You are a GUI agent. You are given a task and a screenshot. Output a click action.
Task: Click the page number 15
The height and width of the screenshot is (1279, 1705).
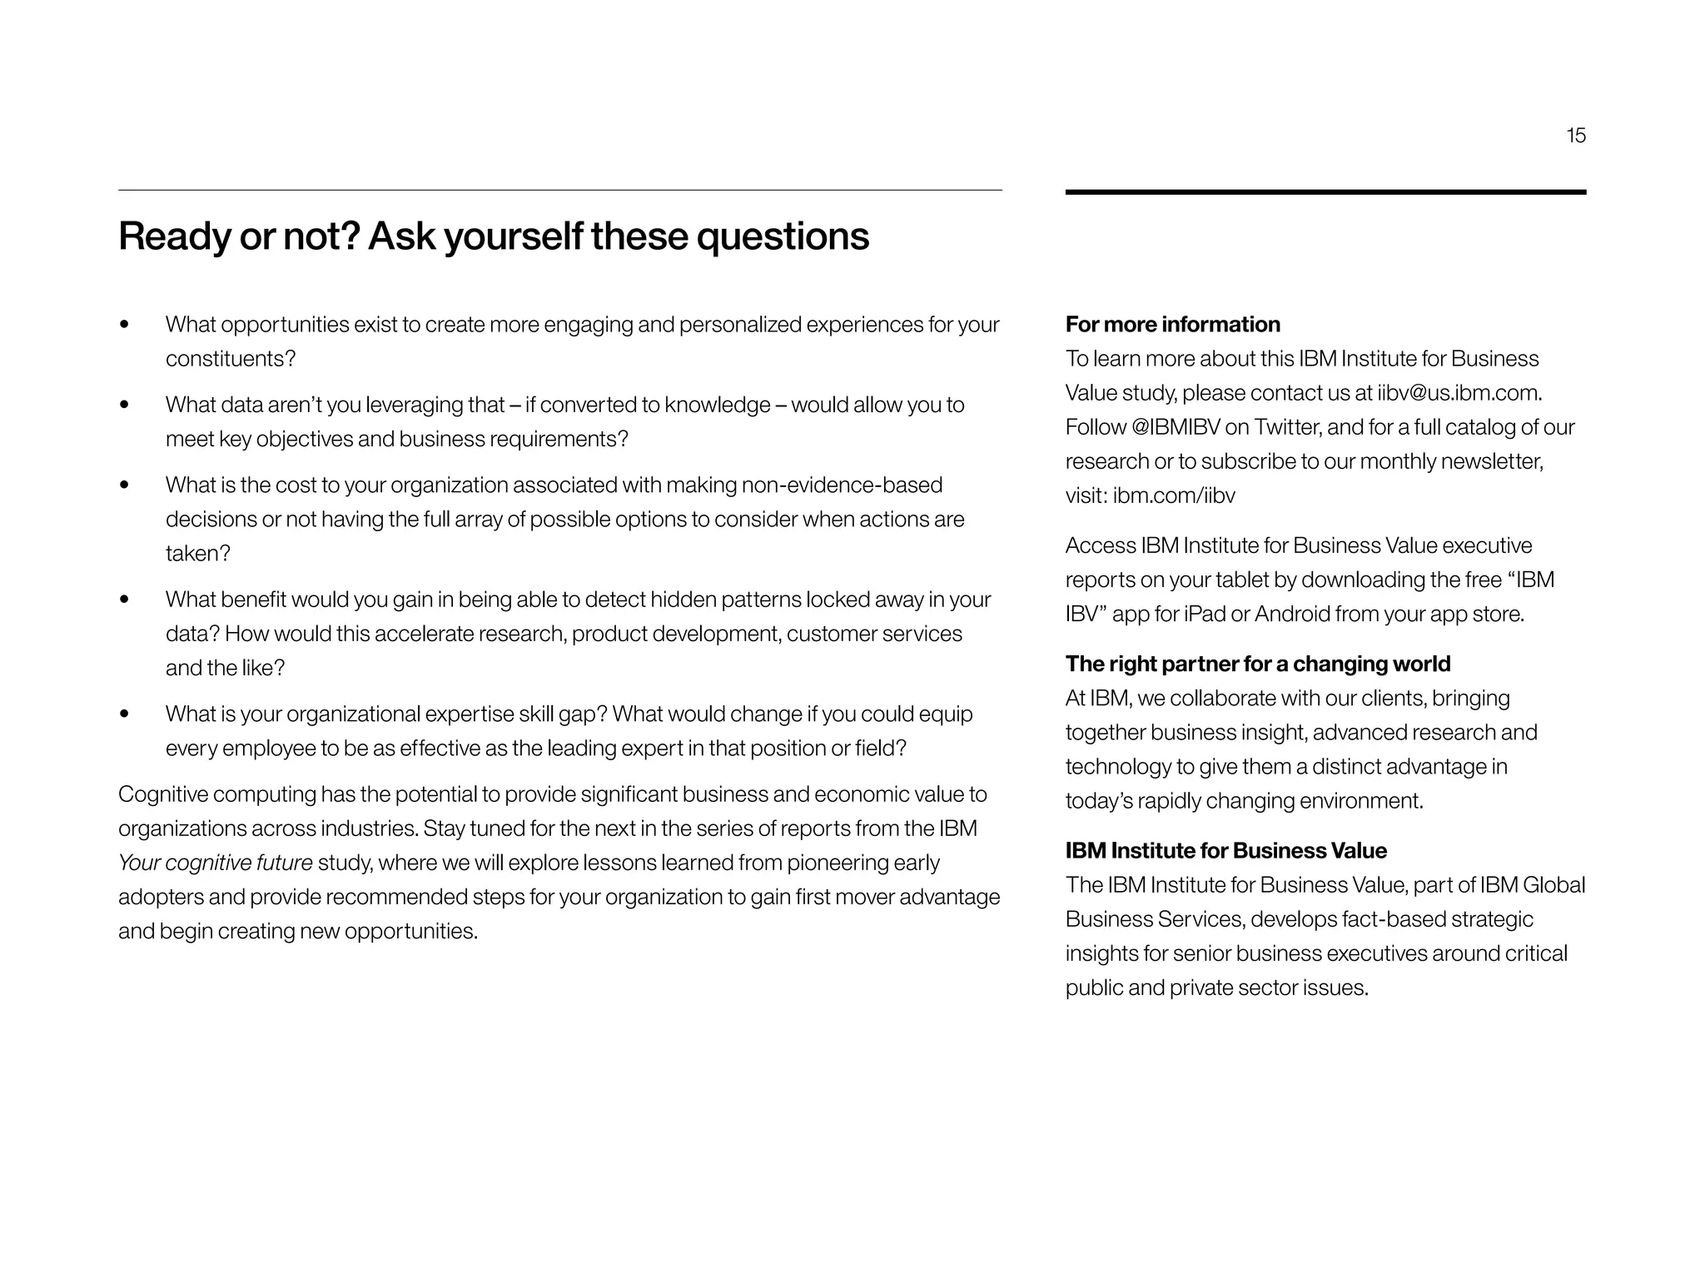(1576, 136)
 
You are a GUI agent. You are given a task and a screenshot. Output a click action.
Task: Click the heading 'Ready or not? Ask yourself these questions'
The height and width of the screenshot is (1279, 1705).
(493, 236)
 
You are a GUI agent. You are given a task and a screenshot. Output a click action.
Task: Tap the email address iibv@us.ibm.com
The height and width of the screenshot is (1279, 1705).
(1458, 393)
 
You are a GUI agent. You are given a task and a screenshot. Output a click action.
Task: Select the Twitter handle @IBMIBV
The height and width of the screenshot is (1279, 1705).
(1176, 427)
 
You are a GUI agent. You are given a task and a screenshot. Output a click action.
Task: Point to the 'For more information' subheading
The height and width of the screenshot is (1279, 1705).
(1172, 324)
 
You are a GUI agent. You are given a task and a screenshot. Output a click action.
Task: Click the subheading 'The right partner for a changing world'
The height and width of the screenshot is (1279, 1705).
(1257, 664)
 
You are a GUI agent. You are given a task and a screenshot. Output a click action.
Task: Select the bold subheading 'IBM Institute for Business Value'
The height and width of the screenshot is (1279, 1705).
(1225, 850)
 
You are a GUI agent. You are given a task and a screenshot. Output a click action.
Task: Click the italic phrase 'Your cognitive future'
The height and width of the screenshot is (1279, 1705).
(216, 863)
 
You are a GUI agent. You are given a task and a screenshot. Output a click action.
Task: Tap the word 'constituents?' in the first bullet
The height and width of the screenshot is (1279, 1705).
(231, 359)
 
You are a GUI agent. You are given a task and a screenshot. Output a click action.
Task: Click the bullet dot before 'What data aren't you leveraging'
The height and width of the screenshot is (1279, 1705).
(125, 406)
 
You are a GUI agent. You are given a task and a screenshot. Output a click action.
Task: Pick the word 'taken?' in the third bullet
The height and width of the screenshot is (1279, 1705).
(197, 554)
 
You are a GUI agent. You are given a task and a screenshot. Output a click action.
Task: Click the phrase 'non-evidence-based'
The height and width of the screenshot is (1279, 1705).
(842, 485)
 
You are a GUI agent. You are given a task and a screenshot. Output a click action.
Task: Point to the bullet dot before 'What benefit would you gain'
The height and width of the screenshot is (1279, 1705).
(125, 600)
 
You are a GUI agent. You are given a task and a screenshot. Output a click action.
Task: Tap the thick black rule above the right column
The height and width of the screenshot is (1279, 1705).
(1325, 192)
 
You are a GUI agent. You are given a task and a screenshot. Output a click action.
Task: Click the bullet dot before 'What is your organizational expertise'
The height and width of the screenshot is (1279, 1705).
(125, 714)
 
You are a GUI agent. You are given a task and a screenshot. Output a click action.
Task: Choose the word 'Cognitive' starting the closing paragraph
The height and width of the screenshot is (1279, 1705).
(163, 794)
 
